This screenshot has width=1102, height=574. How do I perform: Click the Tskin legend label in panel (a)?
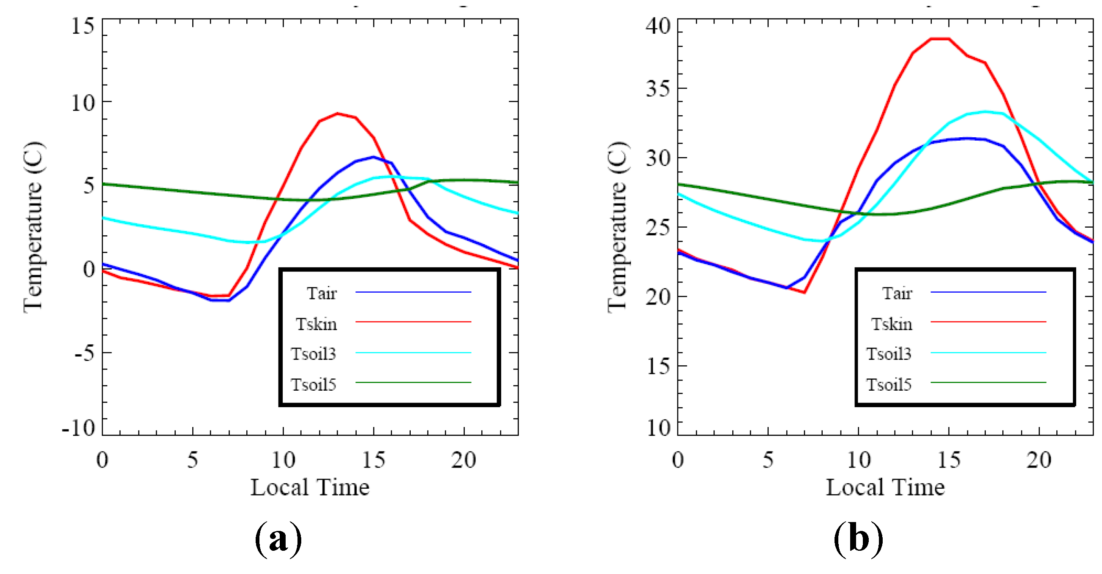[316, 324]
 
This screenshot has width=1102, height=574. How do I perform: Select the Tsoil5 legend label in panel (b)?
[889, 384]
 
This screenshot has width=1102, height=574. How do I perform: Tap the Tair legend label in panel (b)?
[897, 294]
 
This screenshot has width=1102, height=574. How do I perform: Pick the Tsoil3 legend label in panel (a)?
[314, 354]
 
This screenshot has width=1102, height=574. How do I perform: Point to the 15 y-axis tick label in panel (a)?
[82, 26]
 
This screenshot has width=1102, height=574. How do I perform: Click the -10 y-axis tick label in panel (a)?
[78, 428]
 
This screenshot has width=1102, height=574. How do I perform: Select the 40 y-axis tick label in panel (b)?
[658, 26]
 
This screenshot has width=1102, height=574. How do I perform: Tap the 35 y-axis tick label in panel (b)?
[658, 89]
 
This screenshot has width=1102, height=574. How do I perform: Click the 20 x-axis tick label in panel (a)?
[463, 460]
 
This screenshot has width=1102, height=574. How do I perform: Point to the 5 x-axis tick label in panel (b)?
[768, 460]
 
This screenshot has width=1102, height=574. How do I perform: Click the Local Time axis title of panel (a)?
[310, 487]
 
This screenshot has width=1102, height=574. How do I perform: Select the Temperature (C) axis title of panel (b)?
[617, 227]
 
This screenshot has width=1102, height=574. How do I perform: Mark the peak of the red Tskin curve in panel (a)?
[338, 113]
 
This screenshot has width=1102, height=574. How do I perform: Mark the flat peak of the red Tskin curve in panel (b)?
[940, 39]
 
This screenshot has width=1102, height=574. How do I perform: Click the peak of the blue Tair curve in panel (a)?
[374, 157]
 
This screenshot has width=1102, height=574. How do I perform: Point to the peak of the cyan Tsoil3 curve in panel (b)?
[985, 112]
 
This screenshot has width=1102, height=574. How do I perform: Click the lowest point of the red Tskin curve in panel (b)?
[804, 293]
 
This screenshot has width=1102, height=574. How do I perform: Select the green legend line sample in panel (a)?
[413, 382]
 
